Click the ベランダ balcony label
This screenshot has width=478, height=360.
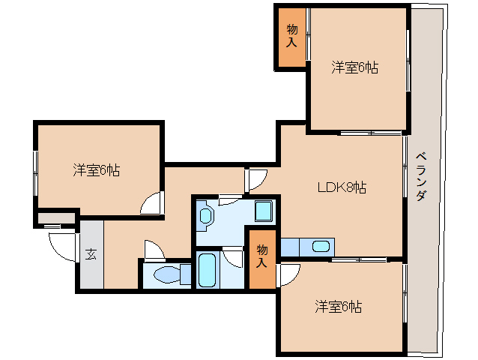point(421,175)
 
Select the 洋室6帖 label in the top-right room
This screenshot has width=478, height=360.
point(355,68)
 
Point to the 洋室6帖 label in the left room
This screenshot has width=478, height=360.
point(97,169)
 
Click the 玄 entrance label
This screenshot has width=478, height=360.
point(90,253)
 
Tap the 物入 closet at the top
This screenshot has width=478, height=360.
point(291,36)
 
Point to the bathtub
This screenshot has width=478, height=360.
point(208,271)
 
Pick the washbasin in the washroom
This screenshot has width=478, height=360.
point(207,217)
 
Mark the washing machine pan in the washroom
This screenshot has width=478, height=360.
point(264,211)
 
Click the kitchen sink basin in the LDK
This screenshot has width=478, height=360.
point(320,246)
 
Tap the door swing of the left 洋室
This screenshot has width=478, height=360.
point(151,202)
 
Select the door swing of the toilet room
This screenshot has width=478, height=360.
point(154,249)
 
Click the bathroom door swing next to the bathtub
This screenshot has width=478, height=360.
point(234,256)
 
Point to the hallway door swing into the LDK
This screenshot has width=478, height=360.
point(255,179)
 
